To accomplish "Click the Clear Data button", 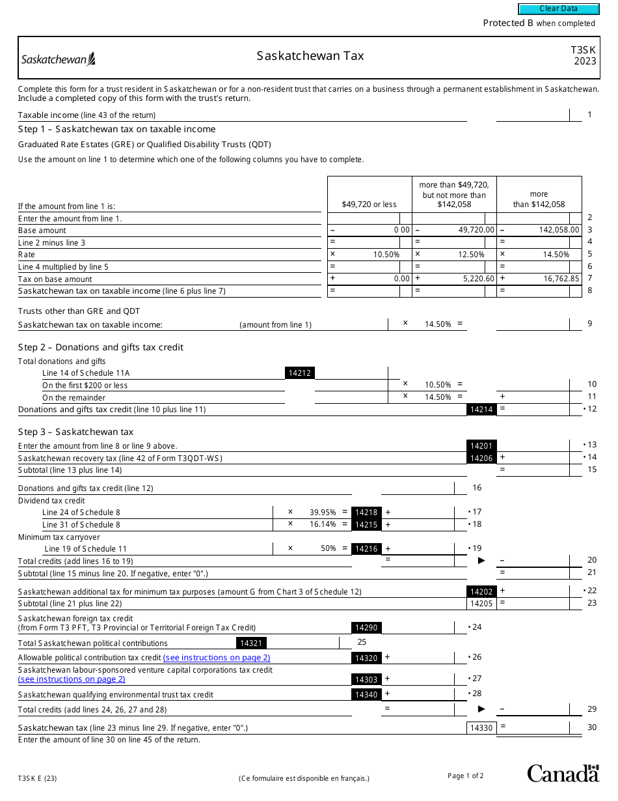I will pos(558,9).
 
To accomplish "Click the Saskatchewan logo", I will pos(59,60).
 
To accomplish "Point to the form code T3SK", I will pos(583,49).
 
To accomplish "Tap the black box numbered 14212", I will pos(300,373).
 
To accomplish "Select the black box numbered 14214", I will pos(481,410).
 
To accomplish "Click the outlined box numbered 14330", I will pos(481,727).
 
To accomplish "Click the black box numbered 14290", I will pos(366,628).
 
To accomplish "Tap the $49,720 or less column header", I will pos(369,204).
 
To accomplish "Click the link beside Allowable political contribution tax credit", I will pos(217,658).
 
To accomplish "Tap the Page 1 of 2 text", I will pos(465,776).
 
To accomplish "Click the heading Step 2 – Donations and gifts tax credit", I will pos(101,347).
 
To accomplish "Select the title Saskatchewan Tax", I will pos(310,56).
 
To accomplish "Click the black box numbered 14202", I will pos(481,591).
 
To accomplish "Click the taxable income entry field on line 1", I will pos(532,115).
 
